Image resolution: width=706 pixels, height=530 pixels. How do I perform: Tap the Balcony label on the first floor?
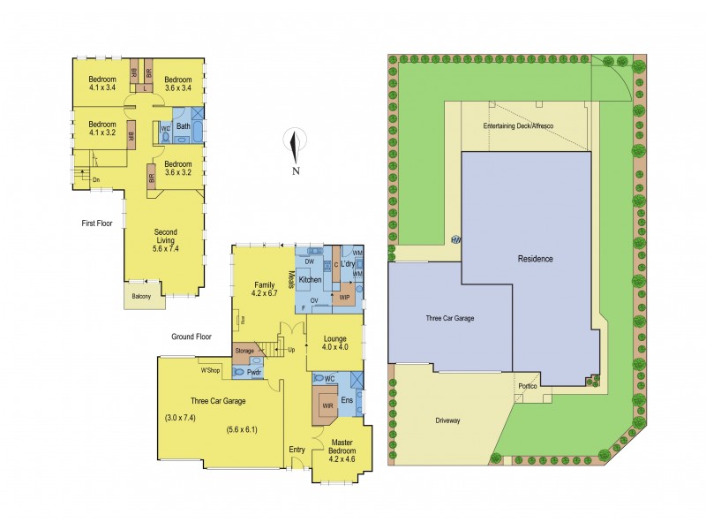141,296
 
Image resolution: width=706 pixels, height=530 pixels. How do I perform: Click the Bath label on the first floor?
183,126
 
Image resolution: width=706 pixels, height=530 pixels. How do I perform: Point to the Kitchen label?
310,280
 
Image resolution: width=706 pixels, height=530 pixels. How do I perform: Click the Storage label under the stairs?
244,352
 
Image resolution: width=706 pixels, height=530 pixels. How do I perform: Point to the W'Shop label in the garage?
209,370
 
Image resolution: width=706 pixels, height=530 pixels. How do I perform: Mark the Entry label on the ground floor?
297,450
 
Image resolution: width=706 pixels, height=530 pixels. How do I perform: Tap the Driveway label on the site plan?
447,420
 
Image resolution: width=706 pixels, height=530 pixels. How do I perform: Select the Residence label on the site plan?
536,259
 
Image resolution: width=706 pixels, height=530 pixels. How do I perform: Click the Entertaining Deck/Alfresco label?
518,127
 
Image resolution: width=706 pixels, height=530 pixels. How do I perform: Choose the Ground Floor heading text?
192,337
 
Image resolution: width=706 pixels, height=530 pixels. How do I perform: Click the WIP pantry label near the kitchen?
345,298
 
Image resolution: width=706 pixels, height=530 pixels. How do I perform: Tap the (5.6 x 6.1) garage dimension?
242,431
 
